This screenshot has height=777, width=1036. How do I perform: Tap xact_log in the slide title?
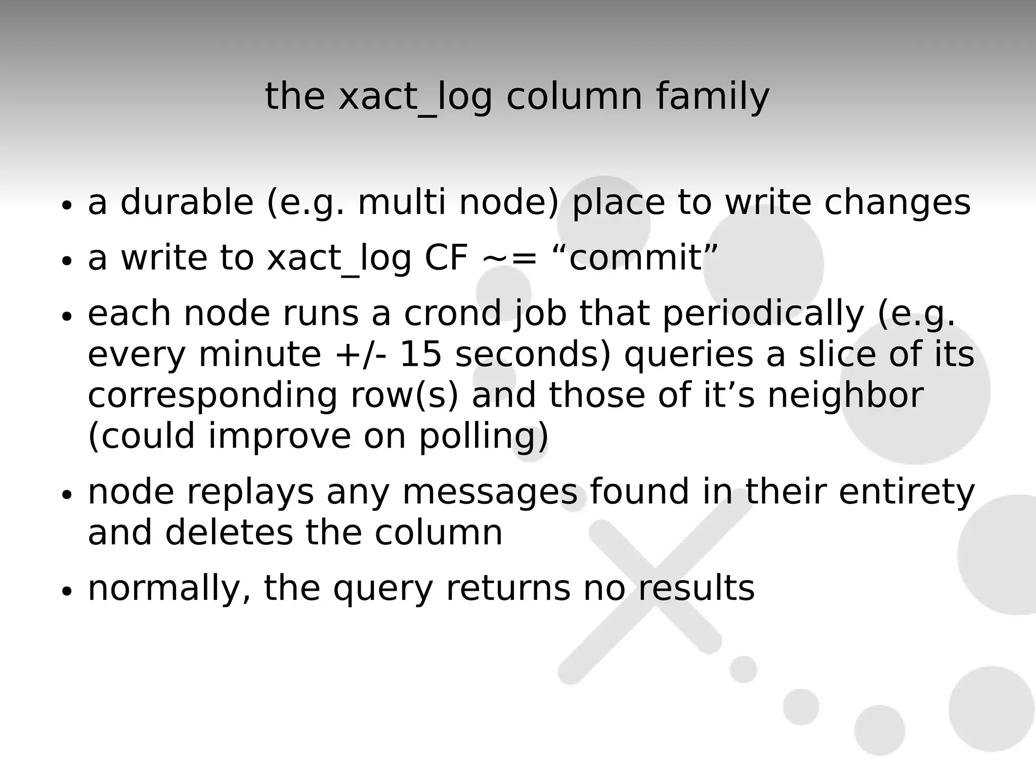[415, 97]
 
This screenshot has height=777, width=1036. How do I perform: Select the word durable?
[187, 202]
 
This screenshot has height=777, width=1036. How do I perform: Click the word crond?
[453, 313]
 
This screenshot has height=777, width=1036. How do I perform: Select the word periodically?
[763, 314]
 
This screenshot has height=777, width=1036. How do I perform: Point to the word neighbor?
[845, 396]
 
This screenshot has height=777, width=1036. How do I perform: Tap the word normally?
[169, 589]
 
